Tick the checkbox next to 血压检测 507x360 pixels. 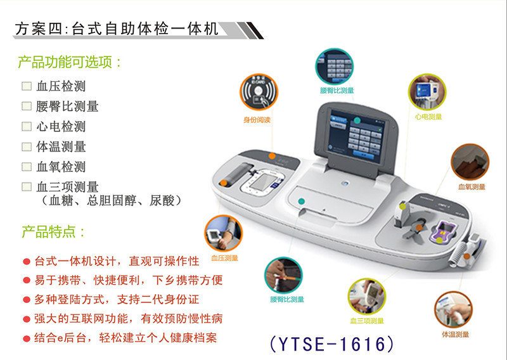[x=27, y=86]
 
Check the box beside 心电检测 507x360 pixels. [x=27, y=126]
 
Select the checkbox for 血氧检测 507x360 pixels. [x=27, y=167]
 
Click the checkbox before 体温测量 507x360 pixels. [x=27, y=146]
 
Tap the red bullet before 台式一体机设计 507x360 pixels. [x=26, y=262]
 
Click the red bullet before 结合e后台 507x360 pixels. [x=26, y=338]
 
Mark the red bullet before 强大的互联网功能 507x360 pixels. [x=26, y=319]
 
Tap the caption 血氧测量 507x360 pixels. [x=471, y=186]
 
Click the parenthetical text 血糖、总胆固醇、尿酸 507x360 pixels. [x=112, y=201]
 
